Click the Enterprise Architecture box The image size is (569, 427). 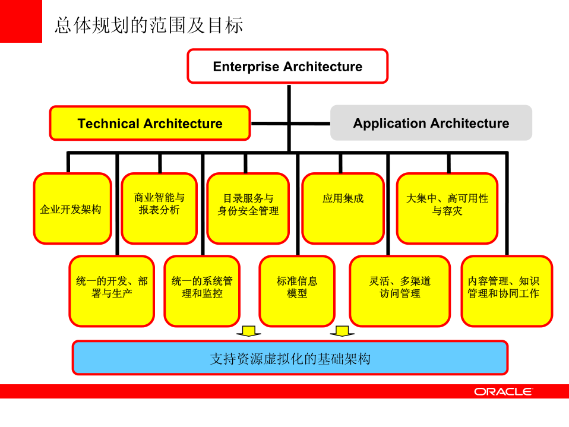pyautogui.click(x=287, y=66)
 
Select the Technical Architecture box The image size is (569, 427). pyautogui.click(x=150, y=124)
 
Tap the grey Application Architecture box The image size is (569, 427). pyautogui.click(x=431, y=124)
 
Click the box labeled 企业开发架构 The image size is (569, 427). pyautogui.click(x=71, y=209)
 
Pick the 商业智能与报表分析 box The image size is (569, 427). pyautogui.click(x=159, y=208)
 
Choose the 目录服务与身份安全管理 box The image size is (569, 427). pyautogui.click(x=248, y=208)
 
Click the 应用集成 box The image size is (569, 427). pyautogui.click(x=343, y=208)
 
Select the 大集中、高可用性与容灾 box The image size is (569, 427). pyautogui.click(x=447, y=208)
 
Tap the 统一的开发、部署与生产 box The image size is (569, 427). pyautogui.click(x=112, y=290)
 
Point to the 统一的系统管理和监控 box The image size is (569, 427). pyautogui.click(x=202, y=290)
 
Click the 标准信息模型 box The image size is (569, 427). pyautogui.click(x=297, y=290)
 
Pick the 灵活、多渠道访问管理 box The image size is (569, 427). pyautogui.click(x=400, y=290)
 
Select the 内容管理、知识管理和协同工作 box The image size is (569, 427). pyautogui.click(x=506, y=290)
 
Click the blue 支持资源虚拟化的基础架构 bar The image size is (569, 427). pyautogui.click(x=290, y=358)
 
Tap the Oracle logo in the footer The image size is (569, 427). pyautogui.click(x=503, y=391)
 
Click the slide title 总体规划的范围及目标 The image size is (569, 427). pyautogui.click(x=148, y=25)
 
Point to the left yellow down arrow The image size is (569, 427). pyautogui.click(x=248, y=331)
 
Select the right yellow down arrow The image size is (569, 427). pyautogui.click(x=342, y=331)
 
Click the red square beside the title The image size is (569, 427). pyautogui.click(x=21, y=21)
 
